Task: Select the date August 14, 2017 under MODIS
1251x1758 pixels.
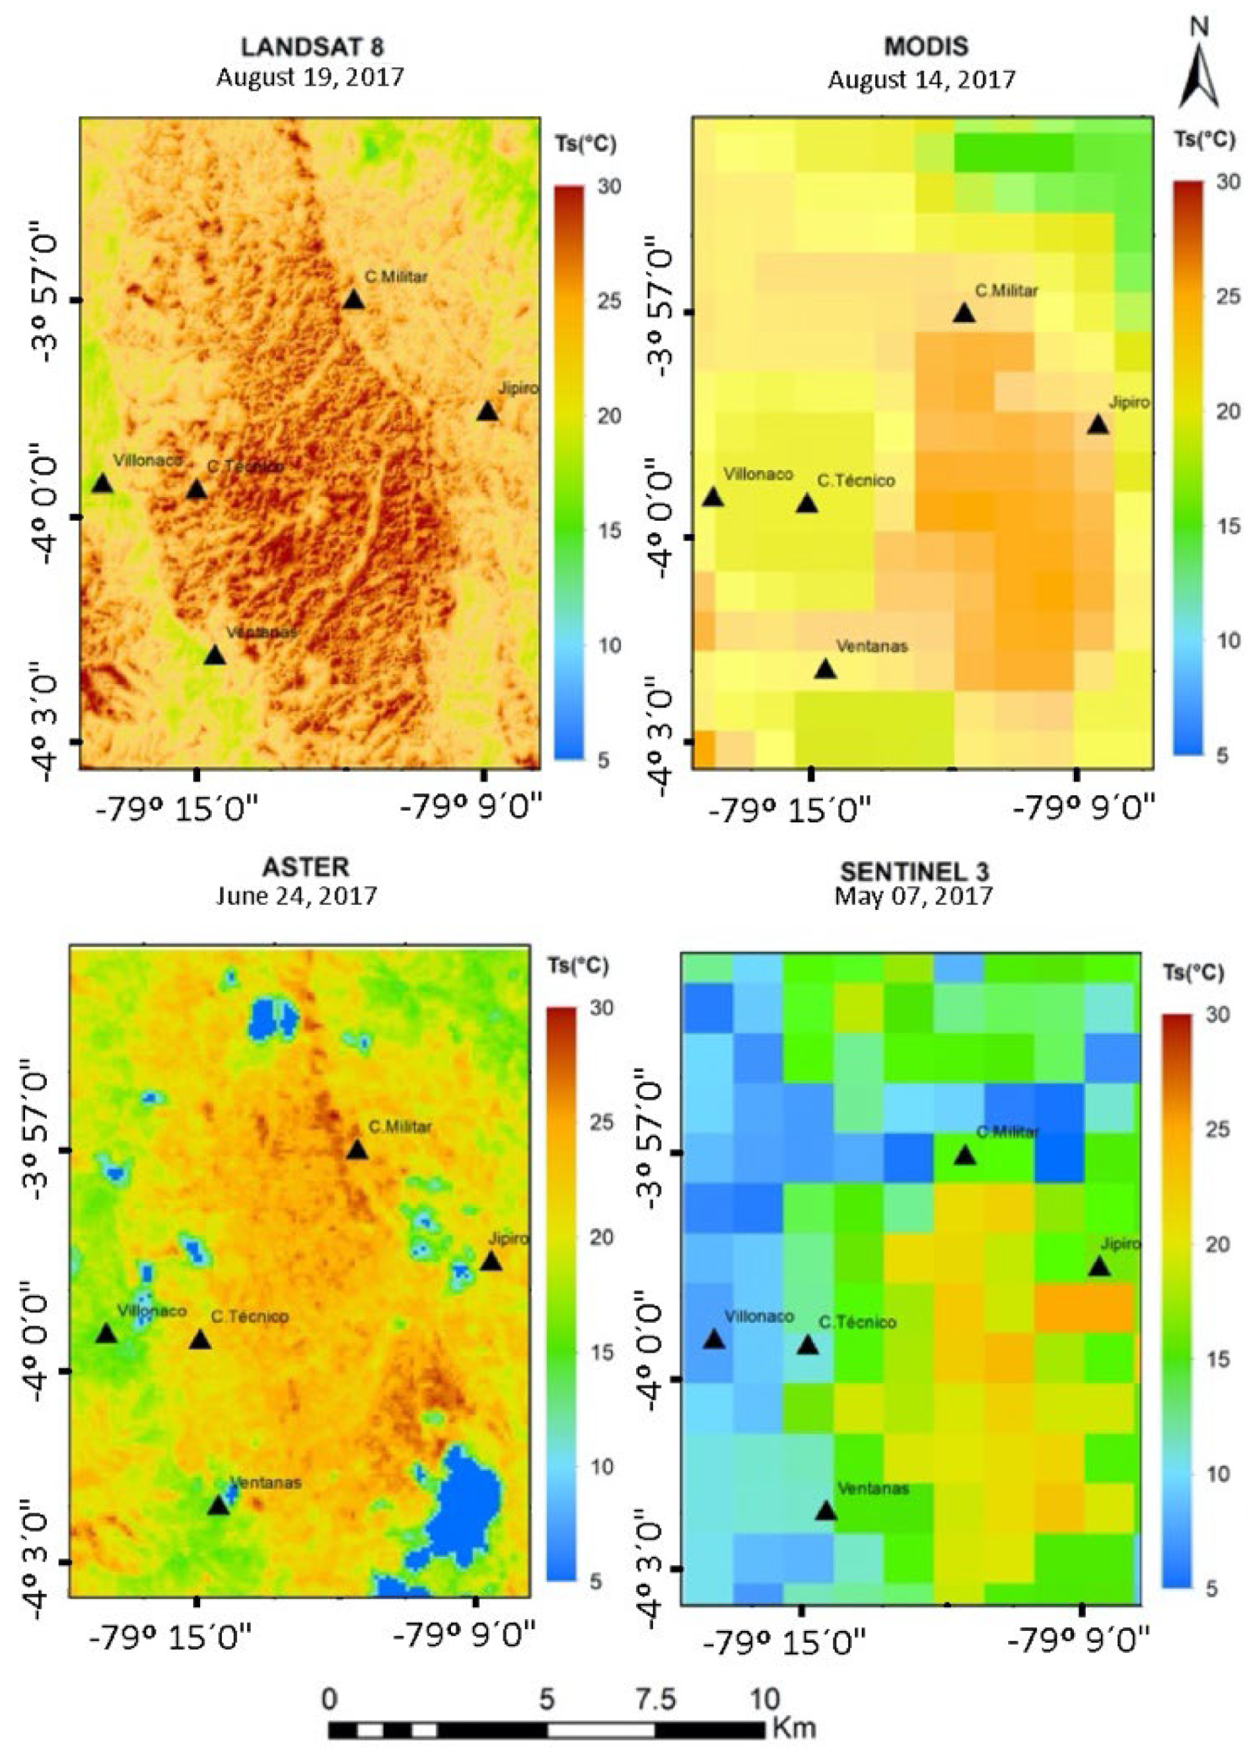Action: (921, 80)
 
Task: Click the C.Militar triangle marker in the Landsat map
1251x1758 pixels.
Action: (353, 300)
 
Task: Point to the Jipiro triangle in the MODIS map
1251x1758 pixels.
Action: (1098, 425)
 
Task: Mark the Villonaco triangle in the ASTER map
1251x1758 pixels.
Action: (106, 1334)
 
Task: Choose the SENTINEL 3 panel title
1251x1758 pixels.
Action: (914, 871)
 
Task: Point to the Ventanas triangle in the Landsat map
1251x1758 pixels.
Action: (214, 656)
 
